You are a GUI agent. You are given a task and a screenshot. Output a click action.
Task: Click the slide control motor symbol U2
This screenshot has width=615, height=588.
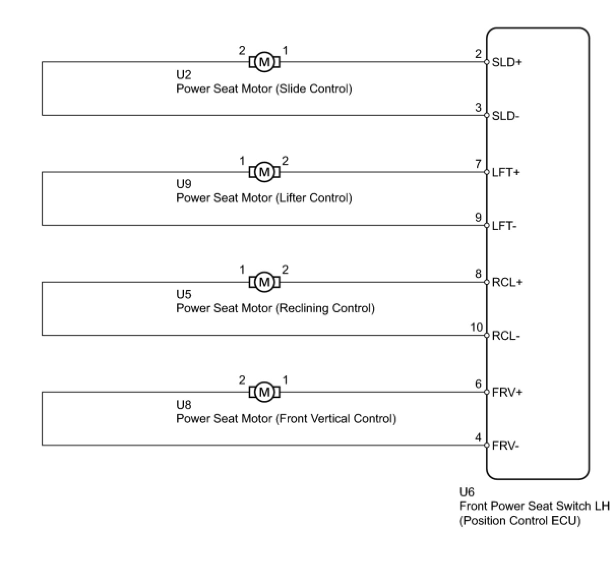[x=264, y=62]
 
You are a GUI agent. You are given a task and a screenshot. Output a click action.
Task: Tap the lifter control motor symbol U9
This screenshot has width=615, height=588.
[x=264, y=172]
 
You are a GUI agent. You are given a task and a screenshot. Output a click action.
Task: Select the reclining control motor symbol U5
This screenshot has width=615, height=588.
[x=264, y=282]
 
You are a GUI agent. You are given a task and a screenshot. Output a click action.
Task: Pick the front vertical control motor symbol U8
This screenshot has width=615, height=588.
[x=264, y=392]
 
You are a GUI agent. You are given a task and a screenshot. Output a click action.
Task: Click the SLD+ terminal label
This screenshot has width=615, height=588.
[x=507, y=62]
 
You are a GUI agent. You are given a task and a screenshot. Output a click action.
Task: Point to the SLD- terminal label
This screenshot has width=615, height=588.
[x=505, y=116]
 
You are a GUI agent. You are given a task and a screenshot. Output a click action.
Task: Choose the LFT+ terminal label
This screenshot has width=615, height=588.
[x=506, y=172]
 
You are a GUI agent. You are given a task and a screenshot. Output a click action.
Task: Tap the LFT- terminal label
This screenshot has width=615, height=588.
[x=504, y=226]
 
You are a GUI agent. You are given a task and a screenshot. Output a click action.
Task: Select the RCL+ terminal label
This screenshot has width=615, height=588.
[x=507, y=282]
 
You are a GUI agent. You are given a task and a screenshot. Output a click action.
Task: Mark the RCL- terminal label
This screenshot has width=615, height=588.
[x=506, y=336]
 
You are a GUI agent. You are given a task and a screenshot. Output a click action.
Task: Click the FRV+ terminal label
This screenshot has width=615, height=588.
[x=507, y=392]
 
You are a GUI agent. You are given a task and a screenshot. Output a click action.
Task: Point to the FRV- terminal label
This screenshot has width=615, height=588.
[x=505, y=446]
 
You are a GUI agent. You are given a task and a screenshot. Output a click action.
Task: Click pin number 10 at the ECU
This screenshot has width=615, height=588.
[x=476, y=327]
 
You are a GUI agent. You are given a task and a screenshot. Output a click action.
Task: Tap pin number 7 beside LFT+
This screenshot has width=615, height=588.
[x=478, y=164]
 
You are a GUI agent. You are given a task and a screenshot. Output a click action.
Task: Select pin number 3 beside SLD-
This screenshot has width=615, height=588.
[x=478, y=107]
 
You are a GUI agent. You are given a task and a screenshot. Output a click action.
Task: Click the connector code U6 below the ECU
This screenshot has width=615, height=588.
[x=467, y=492]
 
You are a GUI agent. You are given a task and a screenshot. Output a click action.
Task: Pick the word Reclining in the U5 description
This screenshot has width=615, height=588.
[x=304, y=308]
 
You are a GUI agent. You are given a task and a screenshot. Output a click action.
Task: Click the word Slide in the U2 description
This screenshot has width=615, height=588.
[x=291, y=89]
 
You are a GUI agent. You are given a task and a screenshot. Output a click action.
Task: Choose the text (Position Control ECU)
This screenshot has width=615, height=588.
[x=520, y=521]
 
